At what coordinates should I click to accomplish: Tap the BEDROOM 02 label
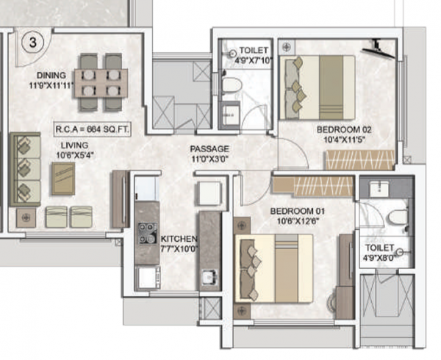coord(345,130)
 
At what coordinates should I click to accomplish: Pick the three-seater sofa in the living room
coord(25,169)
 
